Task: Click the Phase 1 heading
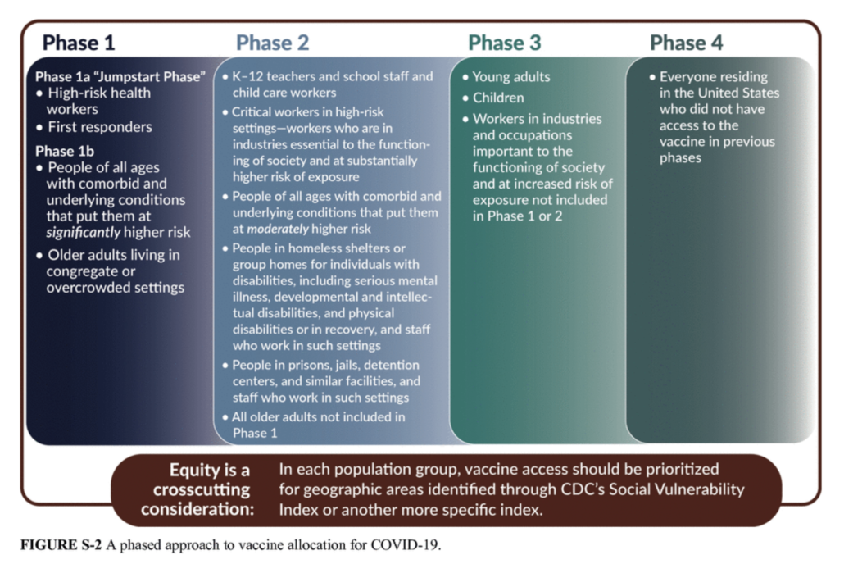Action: pyautogui.click(x=79, y=43)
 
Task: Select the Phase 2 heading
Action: pyautogui.click(x=273, y=43)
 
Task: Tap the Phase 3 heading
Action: pyautogui.click(x=505, y=43)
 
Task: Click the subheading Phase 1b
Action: pyautogui.click(x=65, y=152)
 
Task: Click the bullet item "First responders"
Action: pyautogui.click(x=99, y=127)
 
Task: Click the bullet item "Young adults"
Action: pyautogui.click(x=511, y=77)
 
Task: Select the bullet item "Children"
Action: pyautogui.click(x=497, y=98)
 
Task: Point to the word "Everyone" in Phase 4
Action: pyautogui.click(x=690, y=77)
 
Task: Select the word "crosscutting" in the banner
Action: pyautogui.click(x=196, y=489)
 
